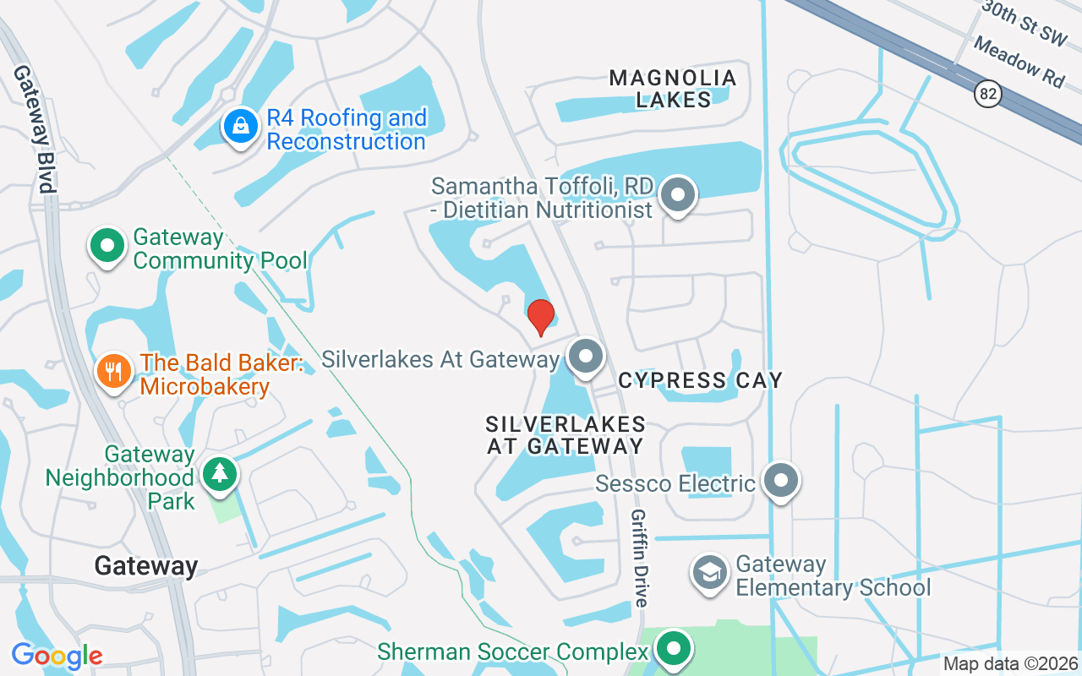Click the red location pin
(x=541, y=316)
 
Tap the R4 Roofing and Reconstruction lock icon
(x=241, y=127)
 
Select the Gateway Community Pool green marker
(x=107, y=246)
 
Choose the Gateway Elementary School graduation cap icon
(x=711, y=573)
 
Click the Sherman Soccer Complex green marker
(x=674, y=650)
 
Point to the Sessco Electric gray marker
(x=781, y=481)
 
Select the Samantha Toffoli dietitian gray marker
(x=677, y=195)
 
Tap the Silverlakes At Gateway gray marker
(x=586, y=357)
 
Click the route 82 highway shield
(x=987, y=93)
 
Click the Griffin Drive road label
(x=640, y=559)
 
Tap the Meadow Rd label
(x=1018, y=61)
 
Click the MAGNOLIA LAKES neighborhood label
(x=673, y=89)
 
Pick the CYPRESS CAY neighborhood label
(x=700, y=380)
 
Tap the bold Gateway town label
(x=146, y=565)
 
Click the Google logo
(x=57, y=656)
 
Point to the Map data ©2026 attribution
(x=1011, y=663)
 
